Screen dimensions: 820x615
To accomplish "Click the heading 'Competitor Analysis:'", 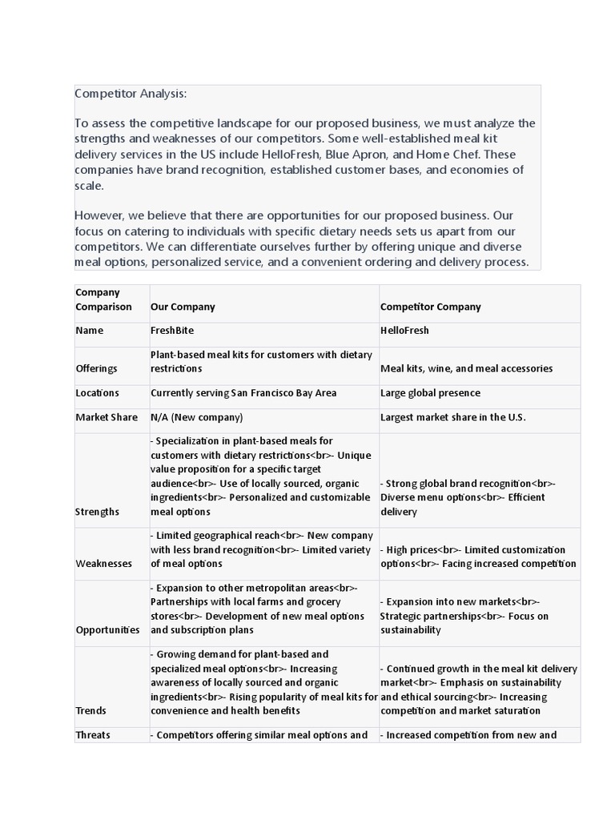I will coord(130,94).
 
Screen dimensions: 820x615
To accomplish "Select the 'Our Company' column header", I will coord(183,307).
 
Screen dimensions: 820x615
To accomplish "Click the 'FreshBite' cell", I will coord(172,330).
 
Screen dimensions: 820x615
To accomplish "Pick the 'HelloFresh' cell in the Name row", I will coord(405,330).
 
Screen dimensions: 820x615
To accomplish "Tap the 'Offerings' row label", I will coord(96,368).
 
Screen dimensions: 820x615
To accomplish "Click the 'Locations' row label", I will coord(97,393).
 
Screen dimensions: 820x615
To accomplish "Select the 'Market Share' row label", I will coord(101,417).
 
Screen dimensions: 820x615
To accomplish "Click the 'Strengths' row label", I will coord(97,511).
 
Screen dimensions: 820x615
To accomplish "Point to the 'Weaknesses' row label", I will coord(103,563).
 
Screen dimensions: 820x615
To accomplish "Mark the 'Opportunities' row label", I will coord(107,630).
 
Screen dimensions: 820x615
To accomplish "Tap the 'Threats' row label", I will coord(93,734).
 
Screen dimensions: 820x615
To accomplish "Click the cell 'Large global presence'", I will coord(430,393).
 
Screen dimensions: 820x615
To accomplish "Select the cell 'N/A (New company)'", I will coord(196,417).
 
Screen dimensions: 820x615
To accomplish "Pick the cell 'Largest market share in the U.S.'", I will coord(452,417).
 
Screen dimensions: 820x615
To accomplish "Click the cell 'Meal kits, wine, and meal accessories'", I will coord(466,368).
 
